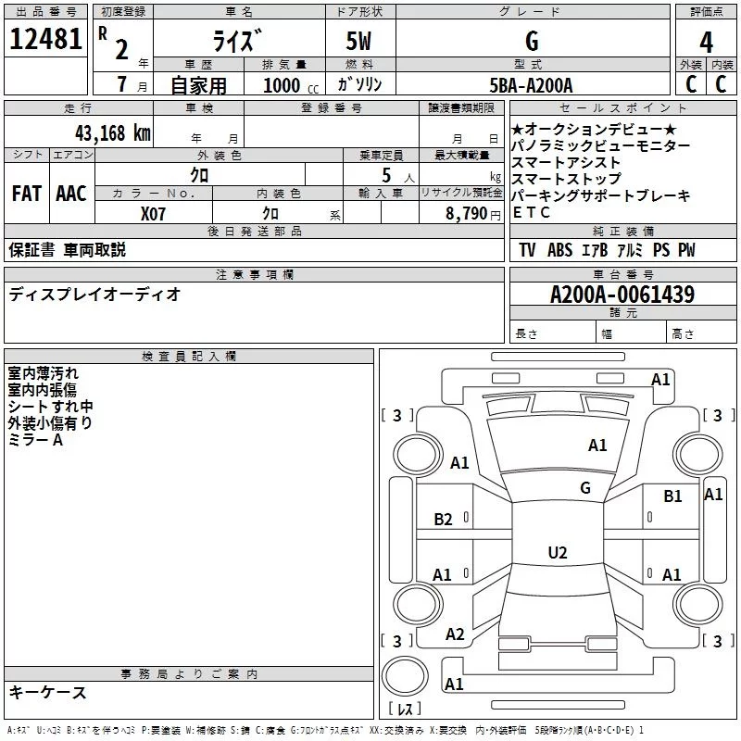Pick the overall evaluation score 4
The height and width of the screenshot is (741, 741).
(x=707, y=43)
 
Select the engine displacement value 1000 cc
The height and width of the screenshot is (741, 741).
(x=286, y=85)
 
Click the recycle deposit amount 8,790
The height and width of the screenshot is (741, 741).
(x=466, y=213)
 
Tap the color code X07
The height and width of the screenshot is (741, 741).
(x=154, y=213)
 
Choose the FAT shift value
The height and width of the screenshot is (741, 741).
(x=26, y=194)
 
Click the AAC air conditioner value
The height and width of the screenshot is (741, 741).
(x=70, y=194)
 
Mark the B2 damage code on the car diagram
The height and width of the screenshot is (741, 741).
(x=444, y=520)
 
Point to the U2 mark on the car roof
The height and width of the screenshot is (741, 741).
(x=557, y=553)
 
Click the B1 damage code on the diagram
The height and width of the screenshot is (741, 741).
(x=672, y=496)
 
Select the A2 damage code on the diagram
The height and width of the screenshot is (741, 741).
(x=455, y=634)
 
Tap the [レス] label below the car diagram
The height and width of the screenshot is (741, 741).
(x=405, y=710)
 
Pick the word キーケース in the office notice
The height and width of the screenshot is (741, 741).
(x=48, y=692)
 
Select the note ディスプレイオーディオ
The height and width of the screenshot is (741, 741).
(x=94, y=295)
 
